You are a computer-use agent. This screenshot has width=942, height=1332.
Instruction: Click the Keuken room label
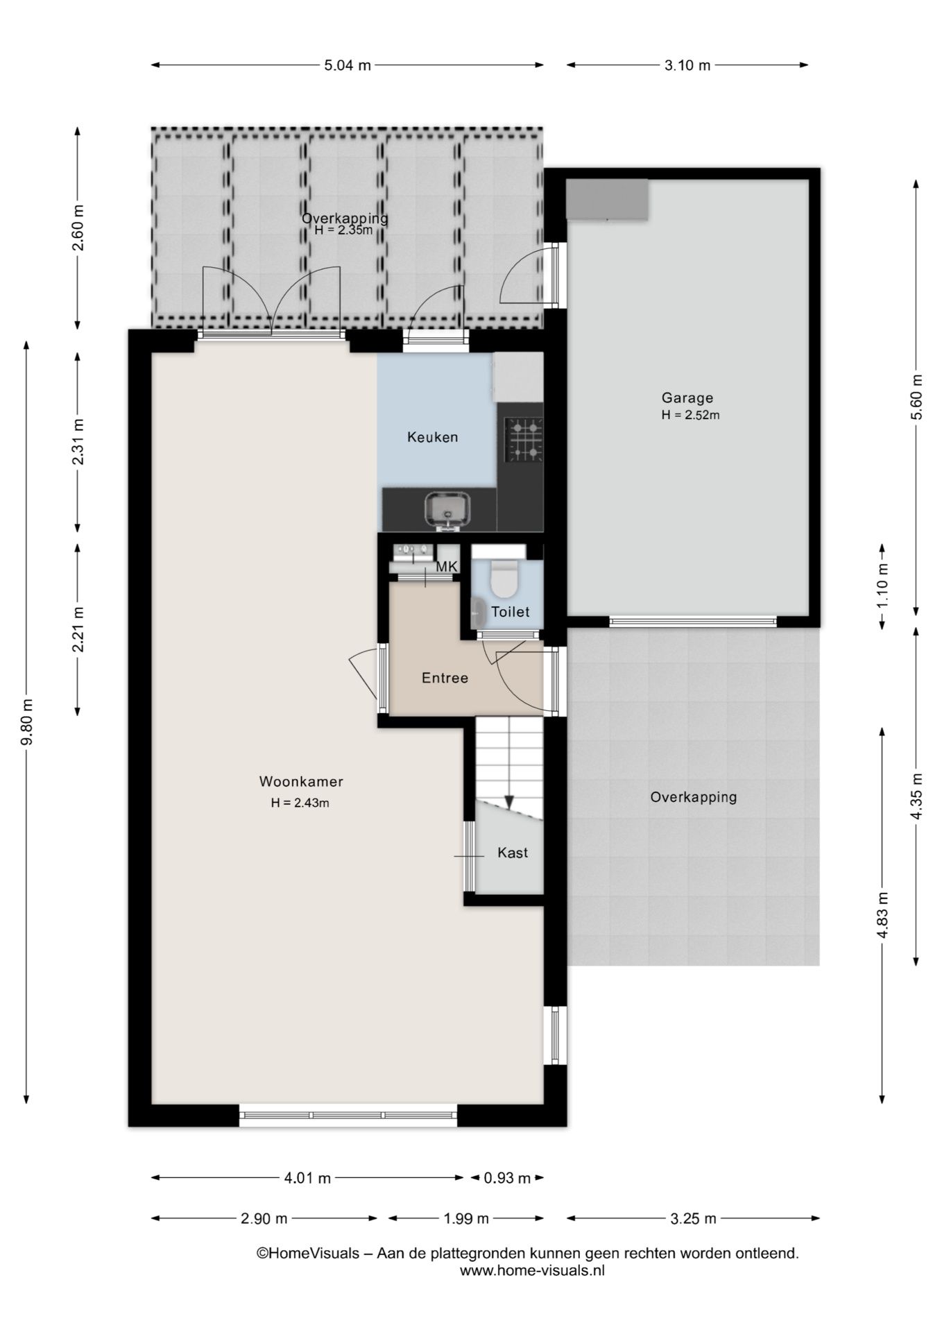click(x=433, y=437)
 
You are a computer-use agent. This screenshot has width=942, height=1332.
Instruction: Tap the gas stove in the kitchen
click(x=524, y=440)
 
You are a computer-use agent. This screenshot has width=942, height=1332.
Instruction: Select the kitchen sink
click(x=447, y=510)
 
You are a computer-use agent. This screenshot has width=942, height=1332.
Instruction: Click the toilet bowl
click(x=504, y=579)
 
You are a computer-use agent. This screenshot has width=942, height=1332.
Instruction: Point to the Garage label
click(x=687, y=398)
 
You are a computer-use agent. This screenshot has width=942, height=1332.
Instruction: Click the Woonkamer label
click(x=301, y=782)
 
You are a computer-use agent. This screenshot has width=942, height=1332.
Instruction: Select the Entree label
click(x=445, y=678)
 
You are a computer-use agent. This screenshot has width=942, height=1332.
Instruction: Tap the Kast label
click(x=513, y=853)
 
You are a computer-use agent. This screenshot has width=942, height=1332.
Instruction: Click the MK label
click(x=447, y=567)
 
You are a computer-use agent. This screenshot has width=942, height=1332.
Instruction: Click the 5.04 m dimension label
click(x=348, y=66)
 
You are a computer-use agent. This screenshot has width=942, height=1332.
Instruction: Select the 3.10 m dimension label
click(x=687, y=66)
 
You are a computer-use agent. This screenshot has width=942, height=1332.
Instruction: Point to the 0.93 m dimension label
click(x=507, y=1178)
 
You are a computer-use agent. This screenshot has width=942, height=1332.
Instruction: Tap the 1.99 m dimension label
click(x=465, y=1218)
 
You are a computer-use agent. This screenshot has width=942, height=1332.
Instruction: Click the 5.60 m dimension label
click(x=917, y=397)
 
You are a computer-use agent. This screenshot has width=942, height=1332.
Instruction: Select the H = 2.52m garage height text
click(x=690, y=416)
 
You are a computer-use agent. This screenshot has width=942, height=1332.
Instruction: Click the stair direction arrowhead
click(x=509, y=803)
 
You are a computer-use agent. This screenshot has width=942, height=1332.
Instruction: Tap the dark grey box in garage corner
click(x=607, y=199)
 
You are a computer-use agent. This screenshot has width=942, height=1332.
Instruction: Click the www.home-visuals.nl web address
click(x=532, y=1271)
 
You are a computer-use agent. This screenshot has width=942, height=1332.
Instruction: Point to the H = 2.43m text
click(x=300, y=803)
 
